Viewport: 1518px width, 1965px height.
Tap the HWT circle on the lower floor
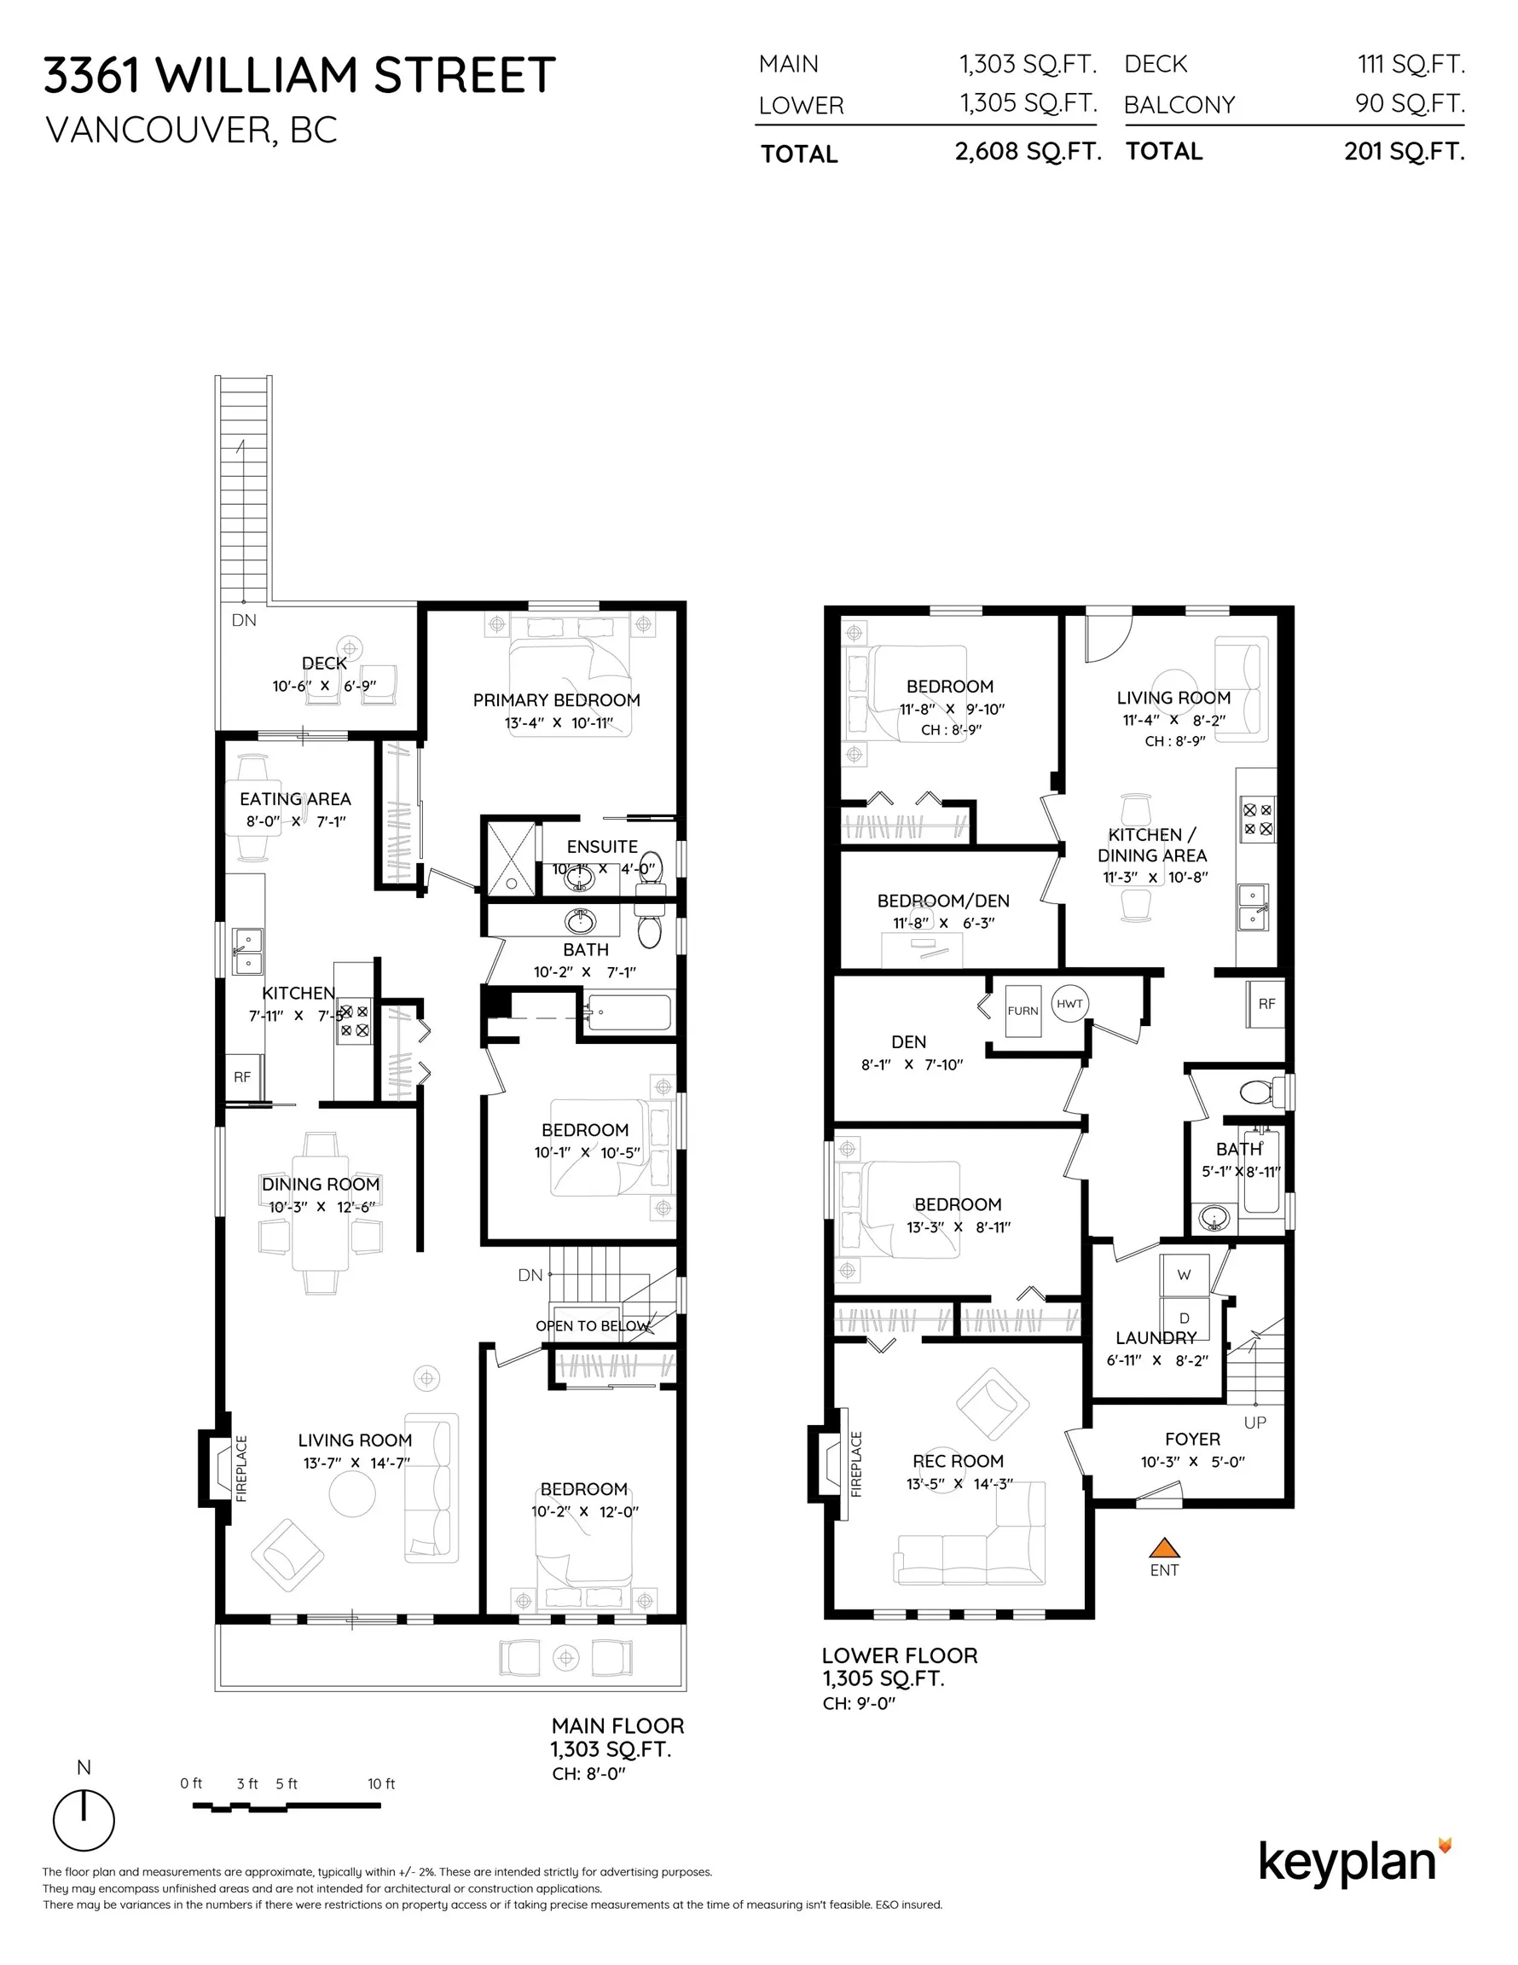point(1069,1003)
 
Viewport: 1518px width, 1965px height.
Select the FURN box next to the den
point(1023,1011)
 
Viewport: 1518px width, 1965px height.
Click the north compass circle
point(84,1820)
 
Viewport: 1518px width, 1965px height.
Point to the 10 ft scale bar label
point(380,1783)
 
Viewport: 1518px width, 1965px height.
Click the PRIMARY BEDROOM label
point(556,700)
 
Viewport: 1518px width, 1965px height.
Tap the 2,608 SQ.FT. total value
point(1028,151)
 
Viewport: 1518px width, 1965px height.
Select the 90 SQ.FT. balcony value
point(1409,103)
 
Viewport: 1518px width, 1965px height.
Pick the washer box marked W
point(1183,1275)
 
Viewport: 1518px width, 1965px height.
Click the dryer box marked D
point(1183,1318)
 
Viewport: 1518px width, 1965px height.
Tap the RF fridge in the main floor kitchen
point(242,1077)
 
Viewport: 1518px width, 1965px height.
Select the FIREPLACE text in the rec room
point(855,1464)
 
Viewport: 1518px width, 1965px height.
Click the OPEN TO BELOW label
point(591,1326)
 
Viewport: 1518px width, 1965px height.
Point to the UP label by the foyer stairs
point(1254,1423)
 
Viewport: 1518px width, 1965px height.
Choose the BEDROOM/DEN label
point(942,901)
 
